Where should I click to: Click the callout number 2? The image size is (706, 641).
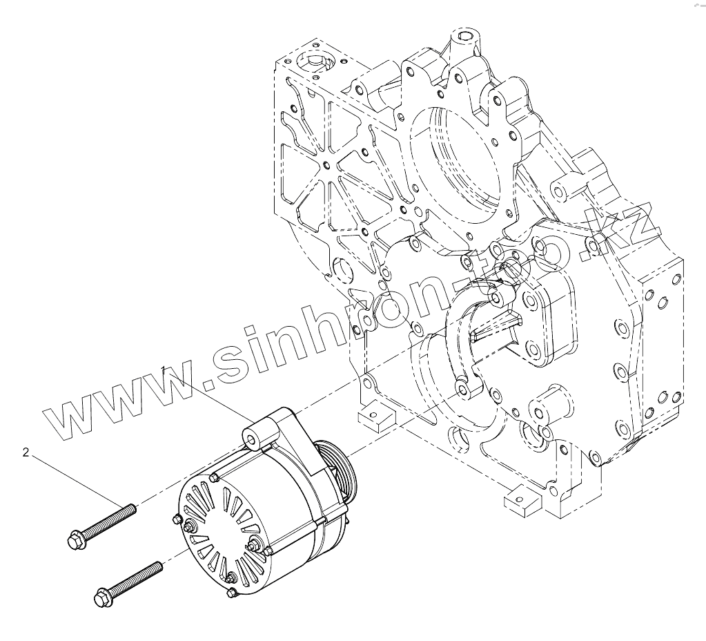tap(26, 452)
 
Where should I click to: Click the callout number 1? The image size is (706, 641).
tap(165, 370)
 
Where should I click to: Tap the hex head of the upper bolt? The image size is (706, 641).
tap(75, 540)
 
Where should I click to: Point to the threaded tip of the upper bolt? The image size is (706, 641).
tap(133, 508)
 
